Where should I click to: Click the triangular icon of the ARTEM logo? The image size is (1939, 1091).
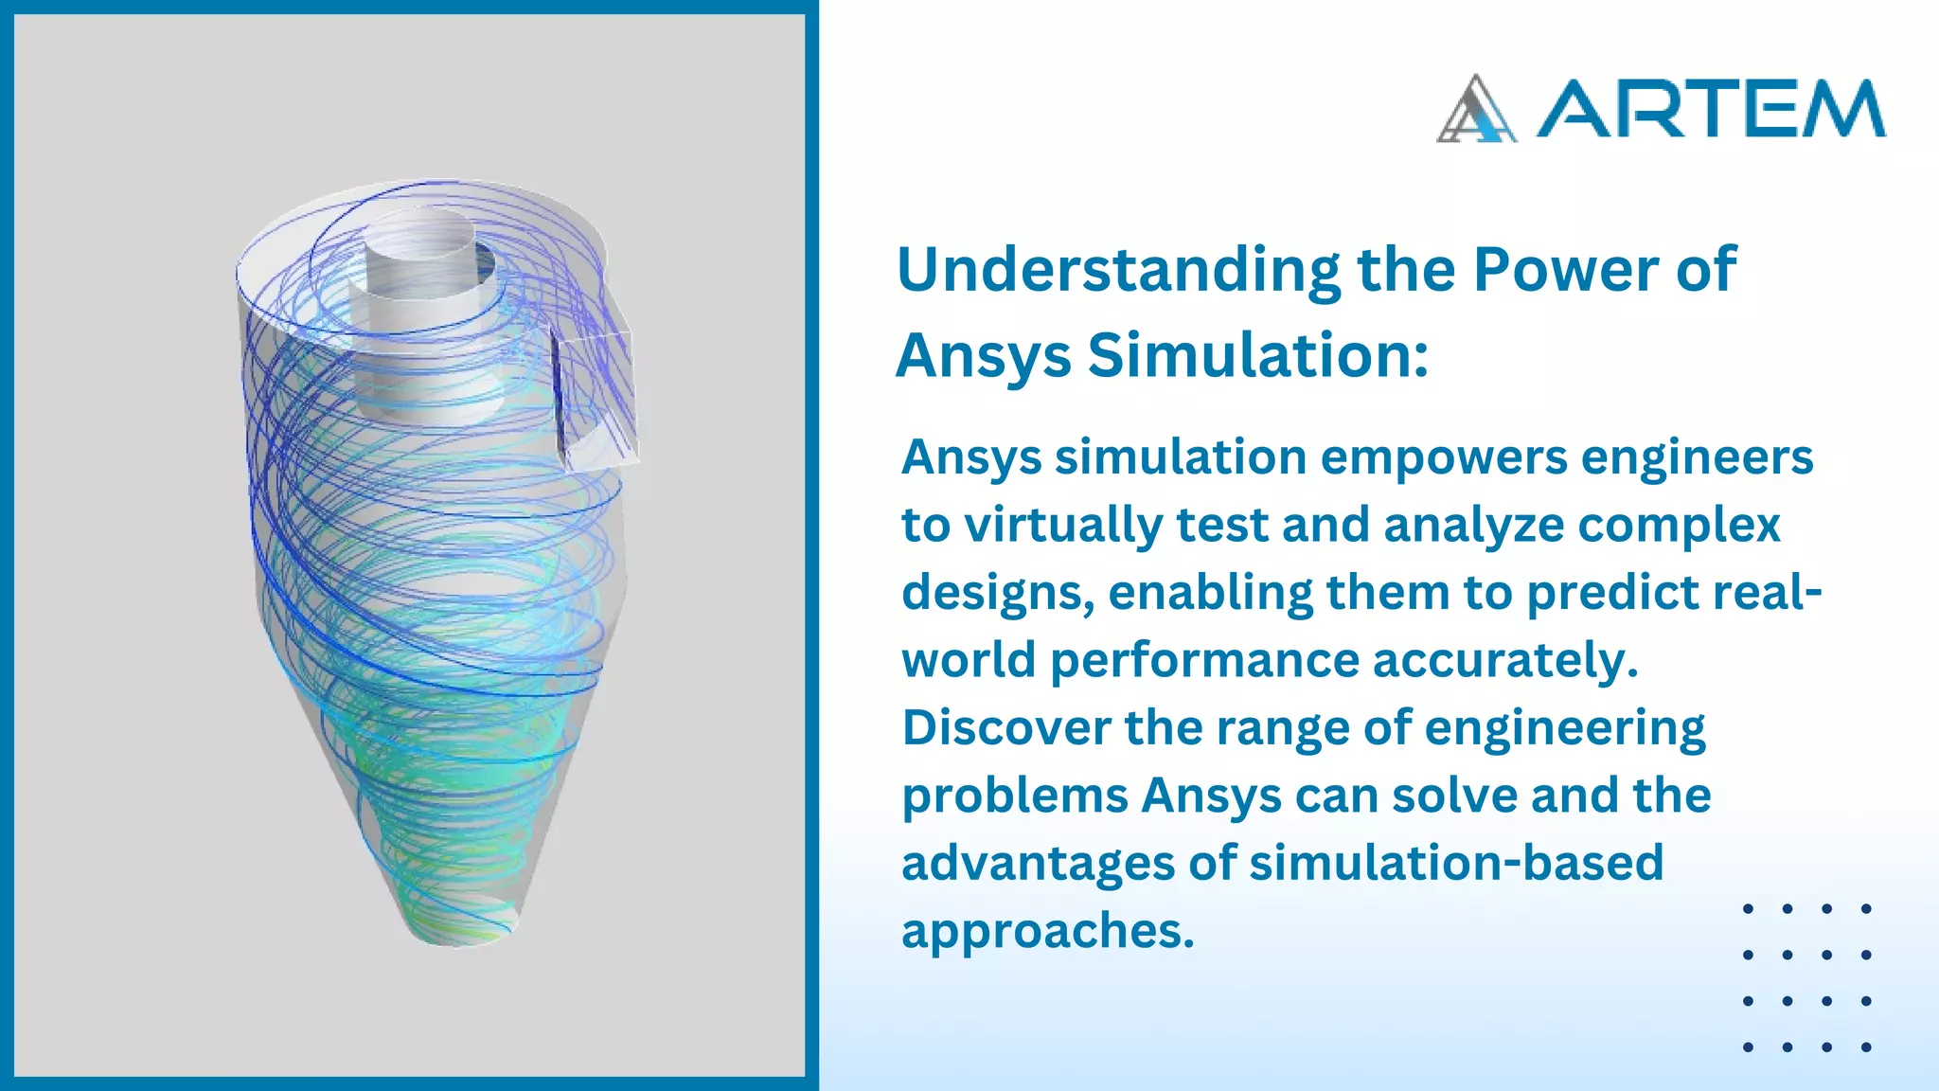[1476, 110]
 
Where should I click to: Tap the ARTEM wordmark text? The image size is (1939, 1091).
[1710, 109]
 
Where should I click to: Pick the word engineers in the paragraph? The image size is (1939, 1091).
[1697, 459]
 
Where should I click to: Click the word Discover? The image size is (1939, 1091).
[1006, 727]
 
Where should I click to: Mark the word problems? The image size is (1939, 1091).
[1014, 796]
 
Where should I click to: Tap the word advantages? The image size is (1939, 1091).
[1038, 864]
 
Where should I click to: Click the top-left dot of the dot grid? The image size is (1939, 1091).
[1748, 909]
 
